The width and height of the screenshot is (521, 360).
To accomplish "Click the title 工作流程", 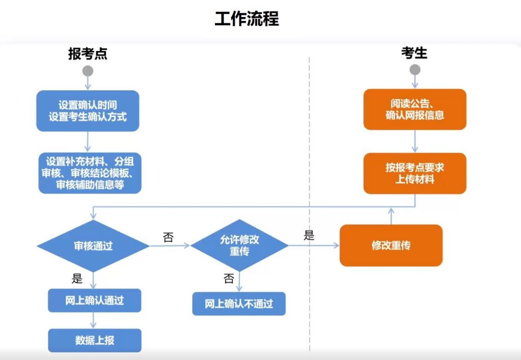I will tap(247, 19).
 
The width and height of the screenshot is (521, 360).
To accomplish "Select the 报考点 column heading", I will tap(87, 54).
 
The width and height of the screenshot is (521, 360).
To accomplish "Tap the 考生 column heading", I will tap(414, 53).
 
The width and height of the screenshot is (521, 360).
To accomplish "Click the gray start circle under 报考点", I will tap(87, 71).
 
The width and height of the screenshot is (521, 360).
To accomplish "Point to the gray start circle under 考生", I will tap(415, 70).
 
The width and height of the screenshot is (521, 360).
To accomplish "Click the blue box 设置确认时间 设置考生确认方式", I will tap(87, 110).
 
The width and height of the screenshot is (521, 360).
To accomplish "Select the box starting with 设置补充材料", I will tap(90, 173).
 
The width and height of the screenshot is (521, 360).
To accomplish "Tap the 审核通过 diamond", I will tap(93, 245).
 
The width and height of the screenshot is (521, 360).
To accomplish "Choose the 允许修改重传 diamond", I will tap(239, 245).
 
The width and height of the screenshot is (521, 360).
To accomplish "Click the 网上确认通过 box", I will tap(94, 301).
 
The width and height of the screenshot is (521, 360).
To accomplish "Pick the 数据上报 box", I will tap(94, 340).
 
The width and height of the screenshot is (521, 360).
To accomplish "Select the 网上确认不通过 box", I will tap(239, 304).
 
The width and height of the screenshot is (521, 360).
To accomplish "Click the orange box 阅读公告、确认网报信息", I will tap(415, 110).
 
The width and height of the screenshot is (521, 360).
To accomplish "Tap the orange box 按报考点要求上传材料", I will tap(415, 173).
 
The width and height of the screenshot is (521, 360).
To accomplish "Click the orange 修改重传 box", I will tap(391, 245).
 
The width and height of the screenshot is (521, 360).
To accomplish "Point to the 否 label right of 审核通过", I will tap(168, 238).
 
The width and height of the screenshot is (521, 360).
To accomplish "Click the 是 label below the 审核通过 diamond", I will tap(77, 278).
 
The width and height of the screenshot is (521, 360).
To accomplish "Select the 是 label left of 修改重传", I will tap(309, 236).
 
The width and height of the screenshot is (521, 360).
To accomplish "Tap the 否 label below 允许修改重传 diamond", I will tap(229, 279).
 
